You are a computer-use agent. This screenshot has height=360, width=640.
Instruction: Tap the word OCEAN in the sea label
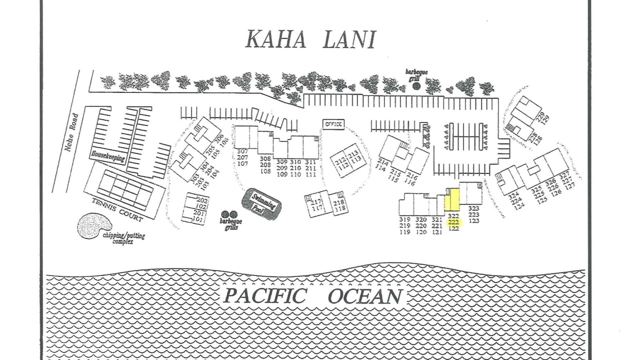click(365, 296)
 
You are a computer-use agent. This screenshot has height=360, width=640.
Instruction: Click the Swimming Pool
click(261, 203)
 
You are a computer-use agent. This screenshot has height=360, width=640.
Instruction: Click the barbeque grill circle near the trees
click(416, 86)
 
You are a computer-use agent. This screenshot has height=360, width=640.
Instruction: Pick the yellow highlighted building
click(452, 200)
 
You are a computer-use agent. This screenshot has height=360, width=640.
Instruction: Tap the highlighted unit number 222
click(453, 222)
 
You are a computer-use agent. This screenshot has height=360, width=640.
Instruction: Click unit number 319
click(405, 219)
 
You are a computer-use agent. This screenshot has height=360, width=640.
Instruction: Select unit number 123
click(474, 220)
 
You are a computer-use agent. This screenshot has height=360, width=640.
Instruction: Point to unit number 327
click(564, 174)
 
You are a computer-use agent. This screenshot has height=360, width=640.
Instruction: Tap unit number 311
click(310, 161)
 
